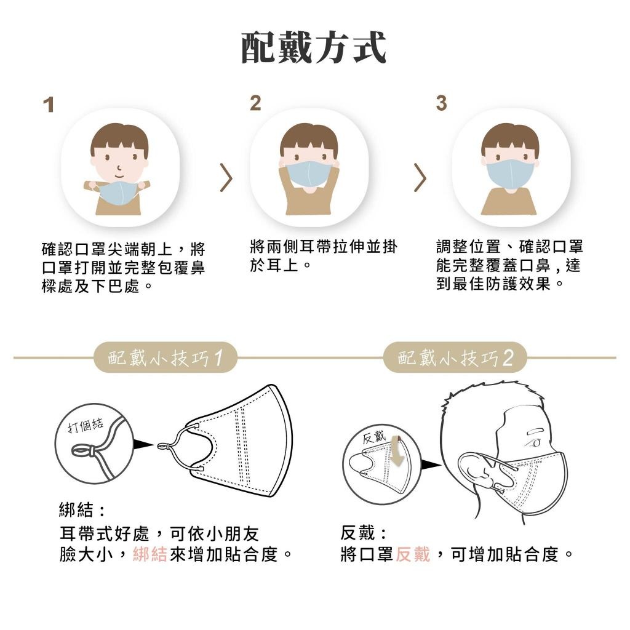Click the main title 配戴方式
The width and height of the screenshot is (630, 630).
pos(314,47)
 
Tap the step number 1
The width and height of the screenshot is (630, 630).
pos(49,105)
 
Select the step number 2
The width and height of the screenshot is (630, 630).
pos(255,103)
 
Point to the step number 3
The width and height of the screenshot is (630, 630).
pos(441,103)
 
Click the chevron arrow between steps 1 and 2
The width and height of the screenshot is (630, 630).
pos(227,177)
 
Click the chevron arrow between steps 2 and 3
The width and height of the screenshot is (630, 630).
pos(420,177)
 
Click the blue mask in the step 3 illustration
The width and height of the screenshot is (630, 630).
pos(510,174)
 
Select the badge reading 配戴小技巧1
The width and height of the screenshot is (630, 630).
pos(165,357)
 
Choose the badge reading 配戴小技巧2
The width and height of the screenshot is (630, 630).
pos(455,357)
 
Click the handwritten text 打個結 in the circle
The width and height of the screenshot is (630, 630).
pos(85,425)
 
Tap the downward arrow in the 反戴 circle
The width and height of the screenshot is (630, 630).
pos(397,451)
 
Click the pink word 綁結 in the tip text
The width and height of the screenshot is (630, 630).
pos(150,554)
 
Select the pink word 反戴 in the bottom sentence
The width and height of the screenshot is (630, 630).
pos(413,554)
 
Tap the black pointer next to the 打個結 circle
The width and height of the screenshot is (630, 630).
pos(143,444)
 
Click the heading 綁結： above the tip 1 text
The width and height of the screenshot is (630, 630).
pos(82,510)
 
